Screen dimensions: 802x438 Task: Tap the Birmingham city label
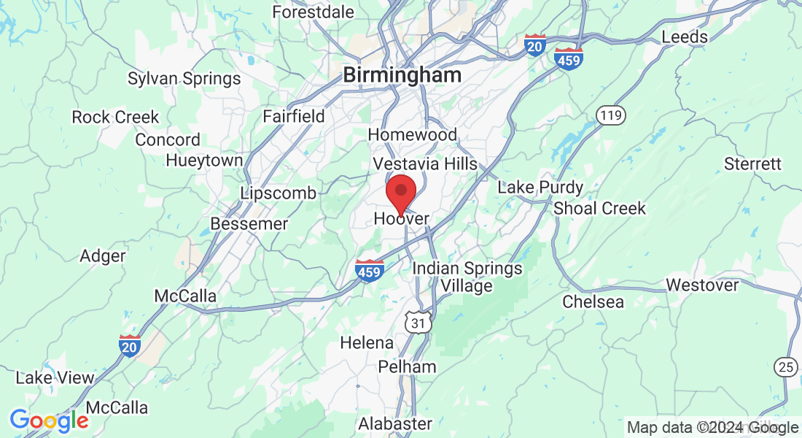402,74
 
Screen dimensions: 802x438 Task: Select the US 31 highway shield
418,321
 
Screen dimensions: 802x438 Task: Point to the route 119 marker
608,115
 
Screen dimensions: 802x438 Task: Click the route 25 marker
785,367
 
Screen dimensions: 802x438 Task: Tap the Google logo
49,420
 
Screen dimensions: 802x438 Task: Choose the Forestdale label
313,12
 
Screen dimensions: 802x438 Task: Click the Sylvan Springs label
184,79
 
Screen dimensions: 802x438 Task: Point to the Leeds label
684,36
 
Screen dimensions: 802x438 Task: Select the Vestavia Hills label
425,164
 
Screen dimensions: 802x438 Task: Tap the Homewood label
413,135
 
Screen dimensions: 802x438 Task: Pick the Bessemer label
249,224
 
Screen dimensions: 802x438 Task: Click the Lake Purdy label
540,188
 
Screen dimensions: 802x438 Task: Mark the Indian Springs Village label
467,277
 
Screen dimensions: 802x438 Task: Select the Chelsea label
593,301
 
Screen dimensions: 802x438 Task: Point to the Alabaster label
395,423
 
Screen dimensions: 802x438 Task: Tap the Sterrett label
752,164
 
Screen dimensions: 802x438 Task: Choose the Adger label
102,256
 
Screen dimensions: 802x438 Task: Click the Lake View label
55,378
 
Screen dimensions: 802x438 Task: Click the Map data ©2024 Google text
712,428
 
